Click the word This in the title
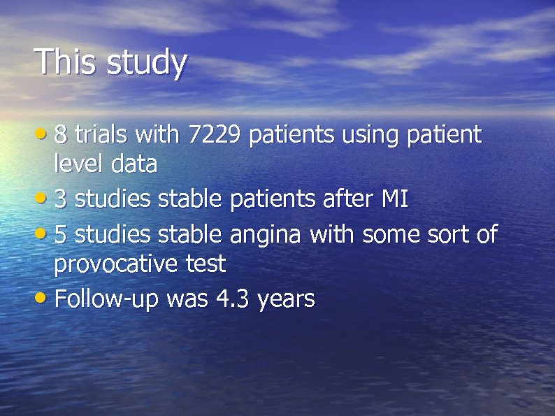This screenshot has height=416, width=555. click(66, 62)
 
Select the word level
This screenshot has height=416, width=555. click(76, 165)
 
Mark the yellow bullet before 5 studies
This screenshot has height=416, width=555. click(43, 232)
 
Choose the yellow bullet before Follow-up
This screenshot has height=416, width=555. click(43, 298)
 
